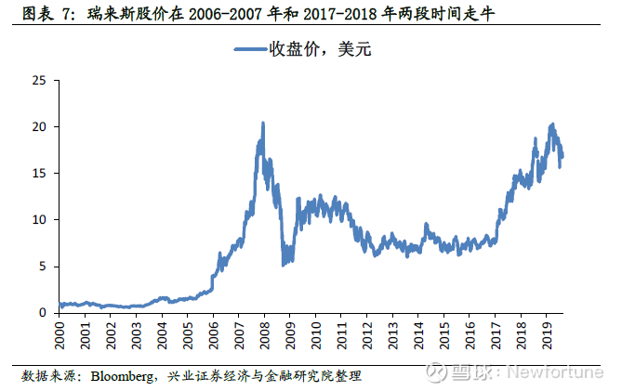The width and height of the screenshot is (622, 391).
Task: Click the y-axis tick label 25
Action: click(x=39, y=81)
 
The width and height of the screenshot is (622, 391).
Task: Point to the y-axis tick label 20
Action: click(x=39, y=126)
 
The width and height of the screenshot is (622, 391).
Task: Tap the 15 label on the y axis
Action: click(x=39, y=173)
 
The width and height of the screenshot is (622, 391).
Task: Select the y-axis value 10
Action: click(x=39, y=219)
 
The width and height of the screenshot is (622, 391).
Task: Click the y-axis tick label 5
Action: click(x=43, y=267)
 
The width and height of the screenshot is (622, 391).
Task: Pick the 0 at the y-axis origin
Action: click(x=43, y=313)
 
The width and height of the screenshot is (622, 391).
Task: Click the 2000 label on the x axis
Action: click(x=60, y=335)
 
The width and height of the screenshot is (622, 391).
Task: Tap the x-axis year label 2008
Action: click(x=265, y=335)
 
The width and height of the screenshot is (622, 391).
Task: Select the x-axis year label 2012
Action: click(x=367, y=335)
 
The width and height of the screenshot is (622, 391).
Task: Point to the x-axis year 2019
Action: click(x=547, y=335)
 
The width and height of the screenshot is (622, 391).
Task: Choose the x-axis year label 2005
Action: click(x=188, y=335)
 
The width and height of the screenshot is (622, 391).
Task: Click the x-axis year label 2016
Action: click(x=470, y=335)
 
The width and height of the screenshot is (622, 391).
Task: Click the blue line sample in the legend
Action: click(x=250, y=49)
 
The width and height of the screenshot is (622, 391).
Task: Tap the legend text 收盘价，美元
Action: click(x=320, y=49)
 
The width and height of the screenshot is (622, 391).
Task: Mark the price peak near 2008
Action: click(x=263, y=124)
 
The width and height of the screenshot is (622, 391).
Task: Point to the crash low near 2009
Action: click(x=284, y=265)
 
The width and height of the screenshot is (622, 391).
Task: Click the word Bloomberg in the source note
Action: click(x=122, y=376)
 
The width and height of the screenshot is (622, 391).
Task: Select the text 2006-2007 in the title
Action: click(x=224, y=14)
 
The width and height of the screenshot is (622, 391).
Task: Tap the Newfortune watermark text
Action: click(x=555, y=372)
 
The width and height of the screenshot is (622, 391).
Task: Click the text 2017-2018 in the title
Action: click(x=339, y=14)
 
